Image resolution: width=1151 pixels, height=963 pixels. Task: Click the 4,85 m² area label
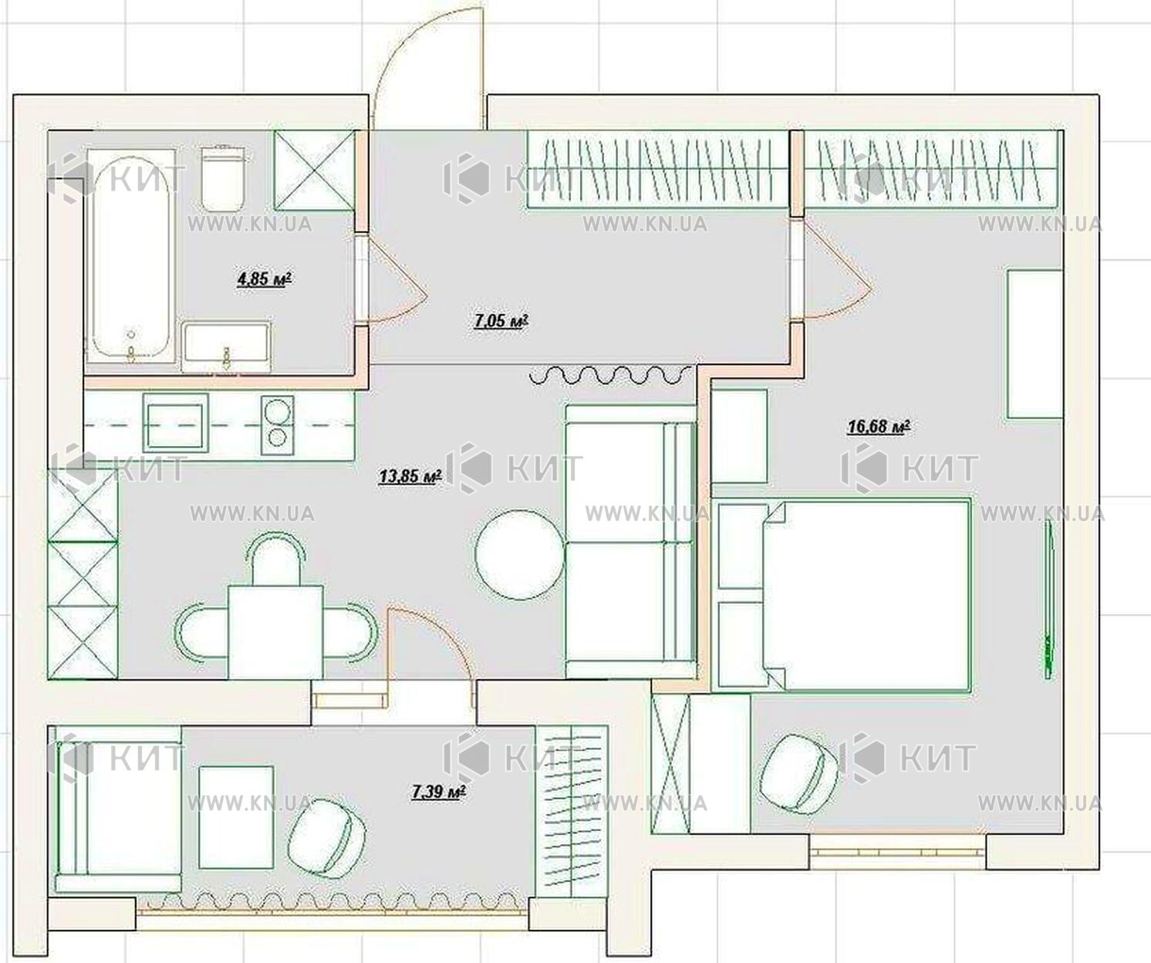tap(264, 279)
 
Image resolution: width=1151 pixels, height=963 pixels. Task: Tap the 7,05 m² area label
tap(501, 320)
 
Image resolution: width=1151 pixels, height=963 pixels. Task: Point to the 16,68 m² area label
tap(878, 427)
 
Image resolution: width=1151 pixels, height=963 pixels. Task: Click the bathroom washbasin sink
tap(226, 346)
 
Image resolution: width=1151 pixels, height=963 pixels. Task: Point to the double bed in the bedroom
tap(843, 595)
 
